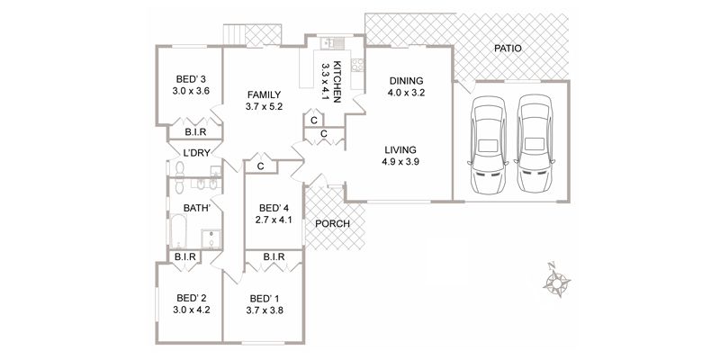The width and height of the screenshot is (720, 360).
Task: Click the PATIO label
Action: (508, 49)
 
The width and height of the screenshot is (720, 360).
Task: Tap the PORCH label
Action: (333, 224)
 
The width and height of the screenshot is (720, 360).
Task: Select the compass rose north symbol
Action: (556, 280)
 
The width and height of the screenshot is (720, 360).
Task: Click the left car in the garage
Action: (488, 144)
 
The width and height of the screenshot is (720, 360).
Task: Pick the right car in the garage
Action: (534, 143)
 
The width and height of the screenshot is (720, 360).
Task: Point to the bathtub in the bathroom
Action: (177, 231)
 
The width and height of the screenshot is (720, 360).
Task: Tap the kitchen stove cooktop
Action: (357, 65)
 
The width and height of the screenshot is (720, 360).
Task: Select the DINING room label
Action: (406, 81)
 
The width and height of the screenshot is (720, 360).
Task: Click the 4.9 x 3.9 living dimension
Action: (400, 161)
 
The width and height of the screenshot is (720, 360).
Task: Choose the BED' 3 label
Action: (191, 79)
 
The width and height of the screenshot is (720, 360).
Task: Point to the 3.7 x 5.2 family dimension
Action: (264, 106)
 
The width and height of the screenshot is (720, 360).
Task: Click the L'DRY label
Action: (196, 153)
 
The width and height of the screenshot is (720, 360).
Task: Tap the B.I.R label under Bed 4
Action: (274, 256)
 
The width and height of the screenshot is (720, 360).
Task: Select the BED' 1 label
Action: (265, 298)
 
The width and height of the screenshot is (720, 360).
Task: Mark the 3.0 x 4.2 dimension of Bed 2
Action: (192, 310)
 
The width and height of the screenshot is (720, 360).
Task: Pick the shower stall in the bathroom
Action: (211, 238)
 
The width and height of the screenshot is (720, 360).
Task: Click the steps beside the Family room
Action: (234, 35)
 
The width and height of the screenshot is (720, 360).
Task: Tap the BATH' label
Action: (197, 208)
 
